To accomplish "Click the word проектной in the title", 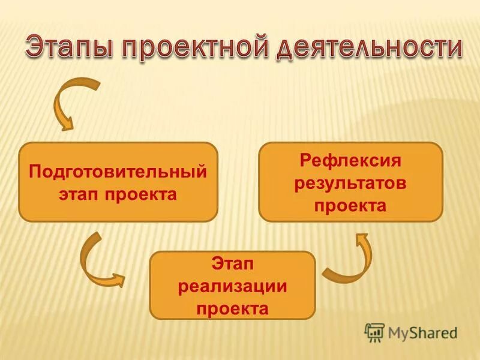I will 195,49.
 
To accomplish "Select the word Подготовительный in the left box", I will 118,172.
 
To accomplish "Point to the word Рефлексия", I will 350,161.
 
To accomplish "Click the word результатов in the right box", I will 350,183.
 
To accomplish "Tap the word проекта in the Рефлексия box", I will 350,205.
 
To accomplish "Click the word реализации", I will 232,286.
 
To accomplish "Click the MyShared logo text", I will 420,332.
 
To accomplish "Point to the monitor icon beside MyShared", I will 374,332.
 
